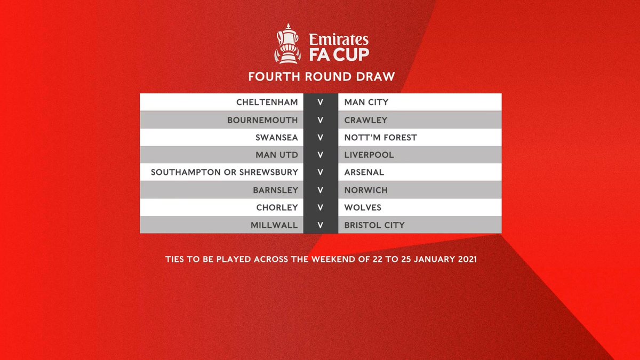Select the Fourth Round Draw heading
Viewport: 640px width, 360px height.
(x=321, y=76)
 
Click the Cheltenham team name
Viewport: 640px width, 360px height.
(x=267, y=102)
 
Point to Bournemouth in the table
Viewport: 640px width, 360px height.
(x=262, y=120)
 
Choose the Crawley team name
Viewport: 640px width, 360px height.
(x=366, y=120)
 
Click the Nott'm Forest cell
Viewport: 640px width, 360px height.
(x=381, y=138)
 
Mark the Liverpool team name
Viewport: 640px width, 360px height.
(x=369, y=155)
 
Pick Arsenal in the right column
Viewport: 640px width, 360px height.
(x=364, y=172)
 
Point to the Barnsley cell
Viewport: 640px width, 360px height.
(x=275, y=190)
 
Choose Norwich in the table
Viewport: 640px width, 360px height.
(x=366, y=190)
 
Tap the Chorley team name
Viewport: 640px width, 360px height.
(x=277, y=207)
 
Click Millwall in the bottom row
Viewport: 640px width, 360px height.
(x=274, y=225)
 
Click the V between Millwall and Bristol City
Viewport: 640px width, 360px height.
(x=321, y=225)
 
